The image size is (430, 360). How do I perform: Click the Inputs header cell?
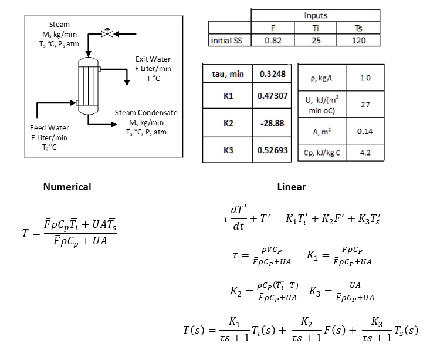316,16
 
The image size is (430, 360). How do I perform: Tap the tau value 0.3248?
272,74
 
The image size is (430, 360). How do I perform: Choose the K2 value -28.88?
272,123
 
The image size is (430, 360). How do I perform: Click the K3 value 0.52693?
272,150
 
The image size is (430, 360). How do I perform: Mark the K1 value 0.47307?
272,95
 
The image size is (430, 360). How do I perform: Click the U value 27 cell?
364,104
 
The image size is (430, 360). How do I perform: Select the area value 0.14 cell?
364,132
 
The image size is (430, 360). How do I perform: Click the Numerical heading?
67,187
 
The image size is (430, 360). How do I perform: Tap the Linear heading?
292,187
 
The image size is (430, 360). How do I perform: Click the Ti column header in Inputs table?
316,28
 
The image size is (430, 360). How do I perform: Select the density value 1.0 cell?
364,78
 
